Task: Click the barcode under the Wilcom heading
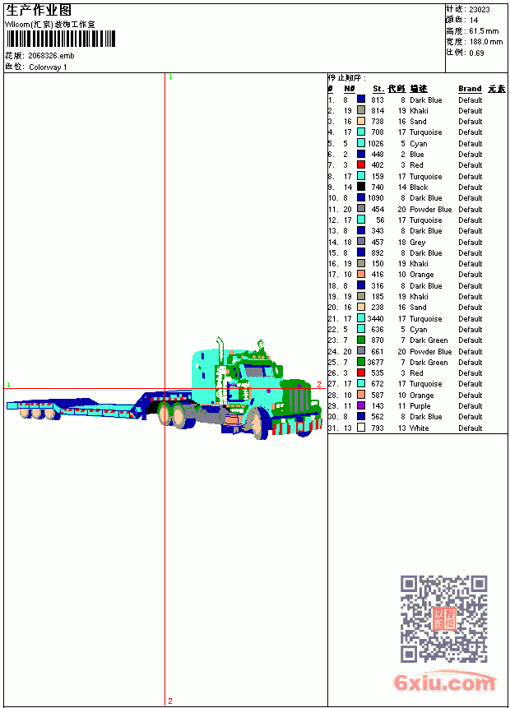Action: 61,39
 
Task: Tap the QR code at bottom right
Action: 443,618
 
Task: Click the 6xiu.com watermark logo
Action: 444,682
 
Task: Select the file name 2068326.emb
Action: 51,56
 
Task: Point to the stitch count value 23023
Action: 480,10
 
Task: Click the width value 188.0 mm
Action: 485,42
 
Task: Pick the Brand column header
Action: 470,89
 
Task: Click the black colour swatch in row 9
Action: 361,187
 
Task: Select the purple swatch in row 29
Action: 361,405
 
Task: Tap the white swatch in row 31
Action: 361,427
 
